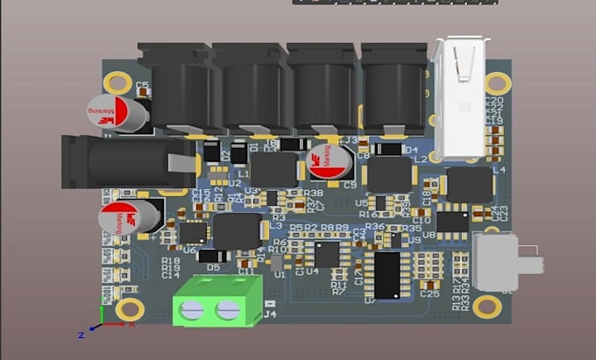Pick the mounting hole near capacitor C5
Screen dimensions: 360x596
coord(113,83)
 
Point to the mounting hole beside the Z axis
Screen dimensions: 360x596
coord(130,308)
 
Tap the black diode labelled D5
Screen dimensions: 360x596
coord(213,256)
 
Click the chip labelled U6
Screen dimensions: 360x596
coord(193,233)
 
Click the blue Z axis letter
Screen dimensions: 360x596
coord(81,335)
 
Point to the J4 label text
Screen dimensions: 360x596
coord(270,314)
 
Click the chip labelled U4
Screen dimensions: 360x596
coord(327,253)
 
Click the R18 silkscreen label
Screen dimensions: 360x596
coord(170,260)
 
